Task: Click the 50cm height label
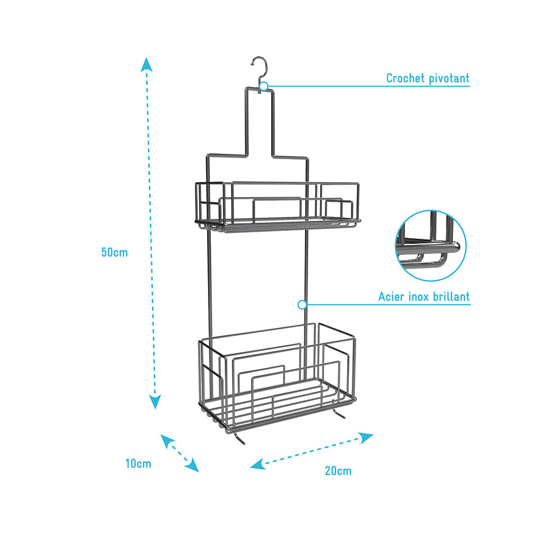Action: pos(114,252)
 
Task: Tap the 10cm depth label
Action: pos(138,464)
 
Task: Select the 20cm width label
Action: pos(338,471)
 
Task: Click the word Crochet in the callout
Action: pos(405,78)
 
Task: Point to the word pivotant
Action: pos(449,78)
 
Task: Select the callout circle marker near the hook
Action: pos(264,86)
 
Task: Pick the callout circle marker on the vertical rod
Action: pos(302,305)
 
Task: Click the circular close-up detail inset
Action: pos(430,246)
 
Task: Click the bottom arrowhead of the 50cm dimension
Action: pos(155,402)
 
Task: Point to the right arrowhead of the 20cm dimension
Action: pos(367,437)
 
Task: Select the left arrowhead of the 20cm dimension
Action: pos(257,464)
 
